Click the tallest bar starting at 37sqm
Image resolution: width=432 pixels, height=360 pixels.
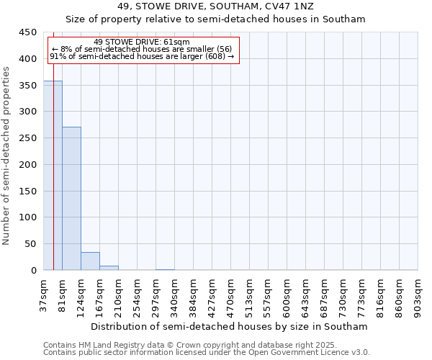click(x=53, y=176)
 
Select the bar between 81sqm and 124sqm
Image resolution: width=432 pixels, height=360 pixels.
click(x=71, y=199)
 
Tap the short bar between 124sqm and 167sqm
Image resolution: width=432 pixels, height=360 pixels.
click(x=90, y=261)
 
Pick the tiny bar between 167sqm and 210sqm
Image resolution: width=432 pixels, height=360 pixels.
click(x=109, y=268)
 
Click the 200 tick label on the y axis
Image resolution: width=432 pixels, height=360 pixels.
click(x=28, y=165)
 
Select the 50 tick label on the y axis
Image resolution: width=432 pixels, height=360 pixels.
click(x=31, y=244)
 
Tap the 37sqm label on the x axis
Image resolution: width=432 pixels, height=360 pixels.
click(x=44, y=293)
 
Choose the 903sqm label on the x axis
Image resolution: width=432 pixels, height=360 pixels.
click(x=418, y=293)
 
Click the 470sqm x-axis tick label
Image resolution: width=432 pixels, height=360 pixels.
click(x=231, y=294)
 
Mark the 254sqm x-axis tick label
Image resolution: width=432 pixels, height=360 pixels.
click(x=138, y=294)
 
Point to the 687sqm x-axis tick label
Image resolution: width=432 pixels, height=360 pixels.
click(x=325, y=294)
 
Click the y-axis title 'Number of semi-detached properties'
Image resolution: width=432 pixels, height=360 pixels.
click(x=7, y=156)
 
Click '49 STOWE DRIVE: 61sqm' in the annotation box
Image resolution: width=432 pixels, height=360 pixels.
click(x=142, y=42)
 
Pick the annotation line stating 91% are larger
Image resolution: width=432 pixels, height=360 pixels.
click(x=142, y=56)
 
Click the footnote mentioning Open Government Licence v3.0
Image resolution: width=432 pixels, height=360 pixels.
click(x=207, y=353)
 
